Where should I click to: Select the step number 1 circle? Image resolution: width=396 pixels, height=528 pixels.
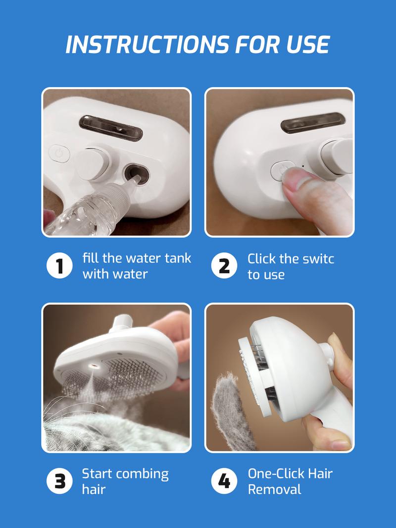click(x=59, y=265)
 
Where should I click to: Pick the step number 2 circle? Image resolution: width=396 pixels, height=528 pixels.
click(x=224, y=265)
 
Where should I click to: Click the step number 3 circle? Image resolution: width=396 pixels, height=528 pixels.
click(x=59, y=481)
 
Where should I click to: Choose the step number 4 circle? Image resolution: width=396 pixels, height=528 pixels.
click(x=224, y=481)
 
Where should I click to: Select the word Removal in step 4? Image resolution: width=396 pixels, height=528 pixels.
click(x=275, y=489)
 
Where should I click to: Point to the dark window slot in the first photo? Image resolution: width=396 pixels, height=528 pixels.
click(x=111, y=128)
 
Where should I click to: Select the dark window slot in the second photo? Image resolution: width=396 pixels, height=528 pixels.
click(x=312, y=122)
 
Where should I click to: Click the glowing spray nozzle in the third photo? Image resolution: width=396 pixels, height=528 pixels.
click(x=94, y=366)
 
